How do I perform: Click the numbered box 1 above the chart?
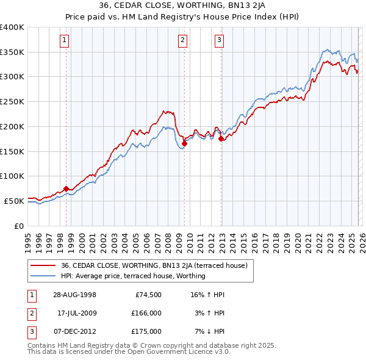click(65, 41)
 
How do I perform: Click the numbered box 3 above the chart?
click(219, 41)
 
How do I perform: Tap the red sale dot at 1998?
click(66, 189)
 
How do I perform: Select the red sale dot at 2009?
click(184, 143)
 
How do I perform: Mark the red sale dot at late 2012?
click(221, 139)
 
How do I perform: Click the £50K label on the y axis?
click(14, 201)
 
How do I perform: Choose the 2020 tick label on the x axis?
click(296, 239)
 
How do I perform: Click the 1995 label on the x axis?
click(28, 239)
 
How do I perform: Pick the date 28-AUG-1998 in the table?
click(74, 294)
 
